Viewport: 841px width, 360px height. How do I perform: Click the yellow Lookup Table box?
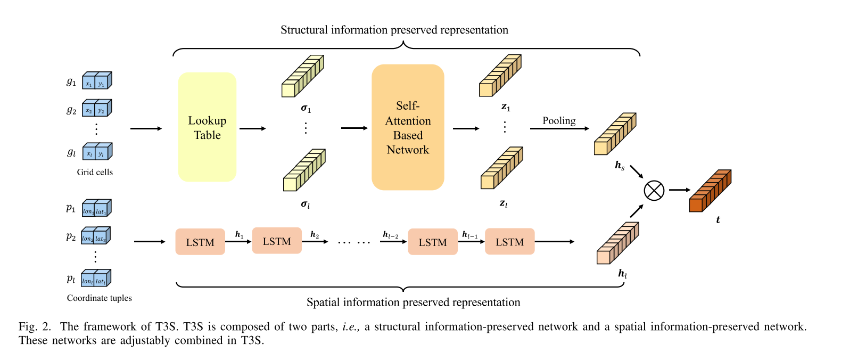point(207,127)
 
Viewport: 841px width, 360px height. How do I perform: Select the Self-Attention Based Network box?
point(408,127)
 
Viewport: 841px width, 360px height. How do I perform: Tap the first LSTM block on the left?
point(200,242)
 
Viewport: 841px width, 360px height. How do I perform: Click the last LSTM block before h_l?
point(509,242)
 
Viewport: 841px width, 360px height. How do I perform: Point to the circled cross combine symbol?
point(654,190)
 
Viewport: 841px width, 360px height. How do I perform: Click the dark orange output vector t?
point(710,191)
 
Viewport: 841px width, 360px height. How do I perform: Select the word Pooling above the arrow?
point(559,121)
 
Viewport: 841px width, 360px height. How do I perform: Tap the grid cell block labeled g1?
point(97,81)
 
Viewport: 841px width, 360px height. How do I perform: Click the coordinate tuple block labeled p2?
point(96,236)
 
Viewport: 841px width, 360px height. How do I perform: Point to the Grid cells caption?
point(95,172)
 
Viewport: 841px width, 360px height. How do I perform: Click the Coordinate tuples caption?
point(99,298)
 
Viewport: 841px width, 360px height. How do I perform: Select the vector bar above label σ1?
point(302,76)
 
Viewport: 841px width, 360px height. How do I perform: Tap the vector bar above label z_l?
point(501,168)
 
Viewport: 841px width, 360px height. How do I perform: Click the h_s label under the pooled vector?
point(620,166)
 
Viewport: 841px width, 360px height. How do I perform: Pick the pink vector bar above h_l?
point(617,243)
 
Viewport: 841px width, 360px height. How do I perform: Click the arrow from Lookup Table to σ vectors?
point(252,128)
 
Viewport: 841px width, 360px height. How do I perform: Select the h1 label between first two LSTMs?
point(239,234)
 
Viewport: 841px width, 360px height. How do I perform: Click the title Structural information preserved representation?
point(394,30)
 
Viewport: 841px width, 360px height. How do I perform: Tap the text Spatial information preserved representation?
point(413,302)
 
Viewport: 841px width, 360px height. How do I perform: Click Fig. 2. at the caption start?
point(35,326)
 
